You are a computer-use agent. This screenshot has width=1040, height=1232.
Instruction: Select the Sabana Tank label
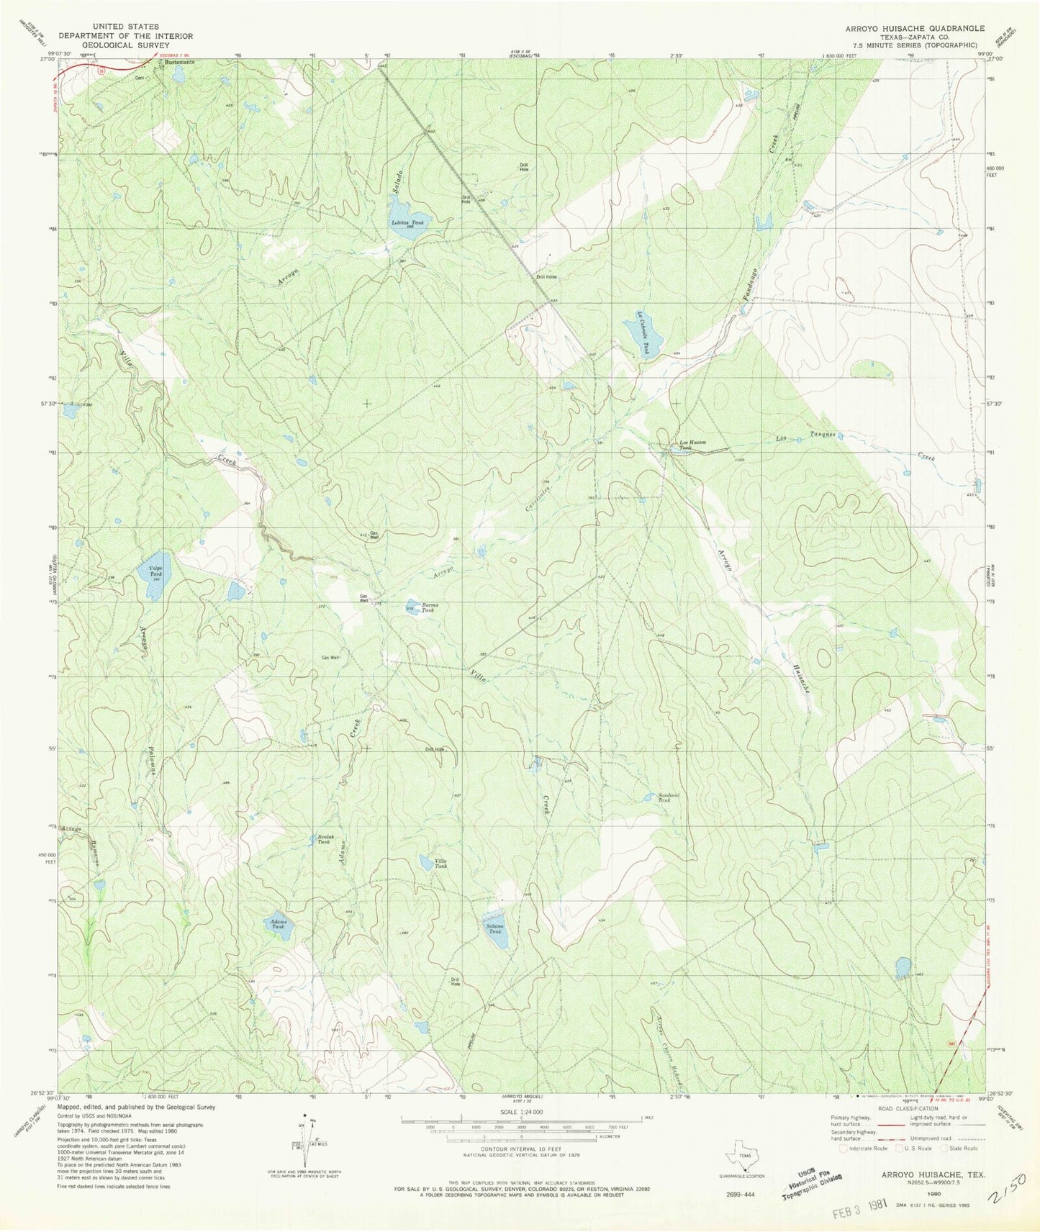pos(494,928)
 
